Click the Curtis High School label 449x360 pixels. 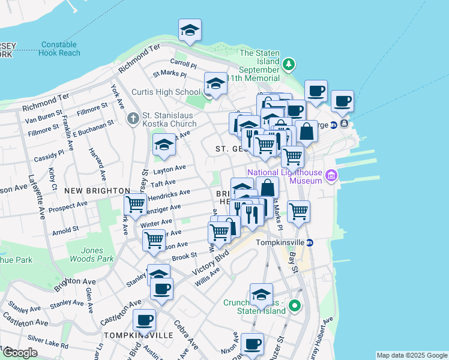pyautogui.click(x=166, y=92)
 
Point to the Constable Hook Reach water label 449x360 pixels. pyautogui.click(x=59, y=49)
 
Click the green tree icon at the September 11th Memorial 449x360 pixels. pyautogui.click(x=289, y=64)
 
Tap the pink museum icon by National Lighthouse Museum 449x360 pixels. pyautogui.click(x=332, y=176)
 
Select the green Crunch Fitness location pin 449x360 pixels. pyautogui.click(x=294, y=307)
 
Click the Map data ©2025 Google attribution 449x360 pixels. pyautogui.click(x=412, y=355)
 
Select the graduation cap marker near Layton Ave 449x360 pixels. pyautogui.click(x=163, y=145)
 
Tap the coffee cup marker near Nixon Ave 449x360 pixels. pyautogui.click(x=253, y=344)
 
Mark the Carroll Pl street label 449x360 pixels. pyautogui.click(x=183, y=64)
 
